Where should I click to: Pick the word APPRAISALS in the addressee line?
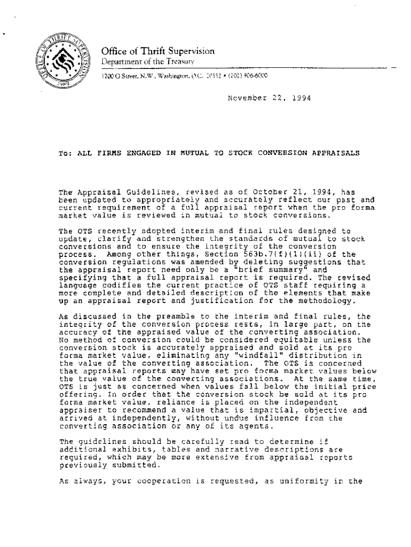[x=334, y=152]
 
